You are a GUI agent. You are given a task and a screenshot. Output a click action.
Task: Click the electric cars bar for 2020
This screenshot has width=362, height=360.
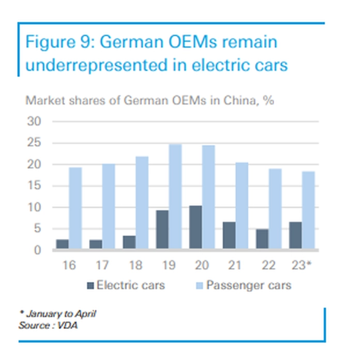[195, 228]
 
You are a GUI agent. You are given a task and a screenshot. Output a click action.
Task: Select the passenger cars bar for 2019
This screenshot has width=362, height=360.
[175, 197]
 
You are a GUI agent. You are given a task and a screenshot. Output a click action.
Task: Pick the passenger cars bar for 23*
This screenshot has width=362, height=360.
[308, 211]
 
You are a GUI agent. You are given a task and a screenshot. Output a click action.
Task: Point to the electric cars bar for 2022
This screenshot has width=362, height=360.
[262, 239]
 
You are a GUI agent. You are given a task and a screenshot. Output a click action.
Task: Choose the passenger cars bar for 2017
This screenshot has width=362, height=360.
[109, 207]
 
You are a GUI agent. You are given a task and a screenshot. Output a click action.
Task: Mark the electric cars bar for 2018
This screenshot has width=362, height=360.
[129, 243]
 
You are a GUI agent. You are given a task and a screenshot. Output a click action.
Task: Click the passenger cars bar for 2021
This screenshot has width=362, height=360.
[242, 206]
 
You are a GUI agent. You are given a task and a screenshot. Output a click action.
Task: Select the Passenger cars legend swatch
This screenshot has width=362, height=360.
[200, 285]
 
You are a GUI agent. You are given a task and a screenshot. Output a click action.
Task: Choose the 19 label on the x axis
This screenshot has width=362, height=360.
[169, 266]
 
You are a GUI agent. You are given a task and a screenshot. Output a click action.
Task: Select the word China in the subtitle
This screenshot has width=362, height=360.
[238, 100]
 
